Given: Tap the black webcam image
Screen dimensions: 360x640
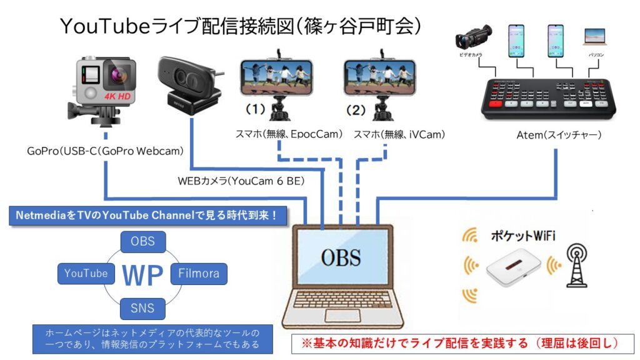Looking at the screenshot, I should (x=186, y=84).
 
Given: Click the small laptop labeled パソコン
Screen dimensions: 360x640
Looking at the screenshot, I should (x=594, y=39).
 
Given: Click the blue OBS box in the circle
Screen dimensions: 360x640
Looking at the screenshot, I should (x=143, y=241).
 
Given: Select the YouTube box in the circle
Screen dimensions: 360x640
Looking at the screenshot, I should (x=86, y=273).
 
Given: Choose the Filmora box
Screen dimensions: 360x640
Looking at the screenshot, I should (x=199, y=273).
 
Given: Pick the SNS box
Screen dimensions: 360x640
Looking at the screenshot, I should (x=143, y=307).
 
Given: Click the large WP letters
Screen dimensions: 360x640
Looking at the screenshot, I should (x=143, y=274).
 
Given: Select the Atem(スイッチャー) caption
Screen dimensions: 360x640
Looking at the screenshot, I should (x=552, y=134).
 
